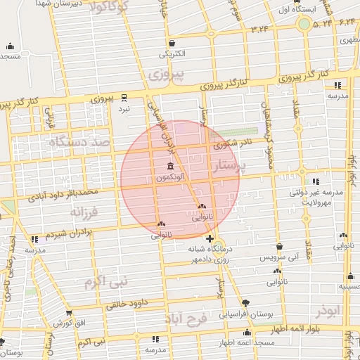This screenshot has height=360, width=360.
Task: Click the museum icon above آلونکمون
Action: point(171,167)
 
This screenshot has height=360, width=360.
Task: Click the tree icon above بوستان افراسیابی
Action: point(245,303)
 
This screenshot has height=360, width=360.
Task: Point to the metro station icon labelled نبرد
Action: point(124,97)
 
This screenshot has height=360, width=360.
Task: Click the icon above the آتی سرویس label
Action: point(280,247)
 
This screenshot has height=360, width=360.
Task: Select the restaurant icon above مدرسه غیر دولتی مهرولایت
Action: point(316,181)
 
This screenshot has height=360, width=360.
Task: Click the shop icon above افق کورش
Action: point(69,314)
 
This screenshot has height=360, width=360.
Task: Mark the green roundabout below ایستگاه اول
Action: point(304,25)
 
